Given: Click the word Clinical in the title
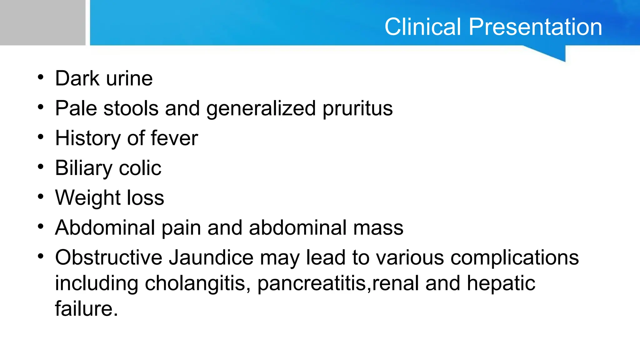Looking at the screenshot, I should tap(423, 27).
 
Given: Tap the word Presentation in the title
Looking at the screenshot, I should tap(535, 27).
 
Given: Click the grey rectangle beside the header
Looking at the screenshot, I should tap(42, 22).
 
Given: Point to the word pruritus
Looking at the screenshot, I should tap(357, 109).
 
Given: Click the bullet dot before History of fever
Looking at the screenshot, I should tap(41, 137).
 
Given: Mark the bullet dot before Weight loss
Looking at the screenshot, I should tap(41, 197).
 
